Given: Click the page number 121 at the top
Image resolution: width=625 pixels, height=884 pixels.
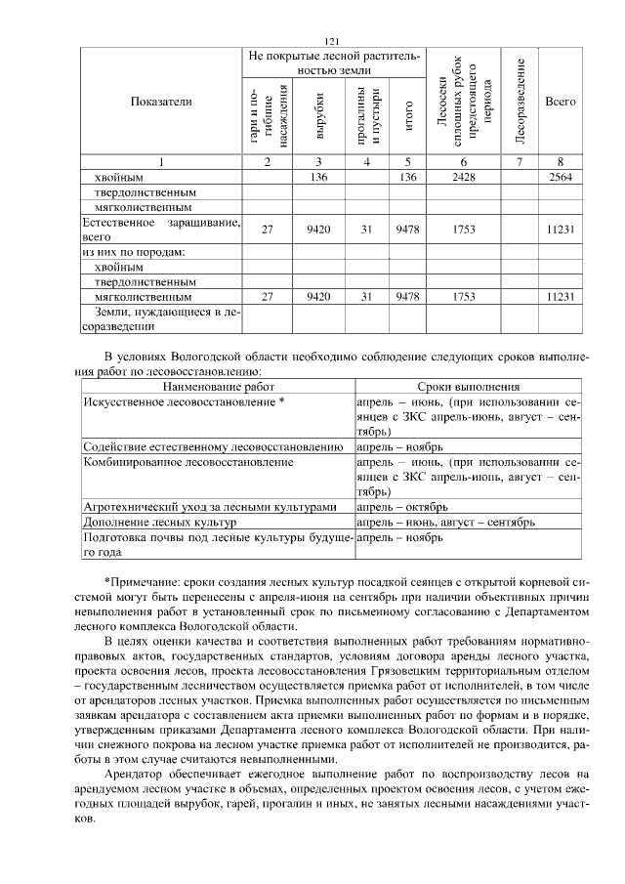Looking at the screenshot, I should [x=330, y=40].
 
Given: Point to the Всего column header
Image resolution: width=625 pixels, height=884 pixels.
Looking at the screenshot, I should [x=560, y=101].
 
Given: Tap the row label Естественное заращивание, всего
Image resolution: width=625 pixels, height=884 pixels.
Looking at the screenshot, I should [x=161, y=230].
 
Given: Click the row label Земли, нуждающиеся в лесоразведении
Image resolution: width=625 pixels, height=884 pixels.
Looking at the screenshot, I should [x=161, y=318].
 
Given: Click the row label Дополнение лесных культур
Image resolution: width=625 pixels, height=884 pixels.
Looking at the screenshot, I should [x=156, y=523].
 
